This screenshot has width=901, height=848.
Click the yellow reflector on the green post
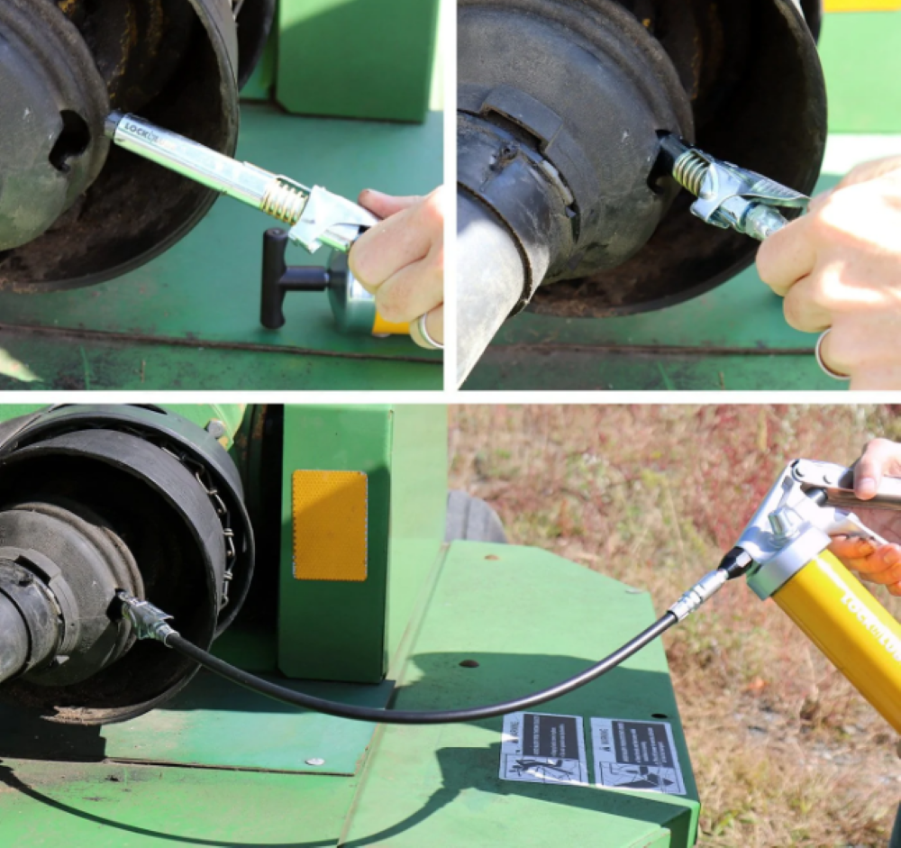point(330,524)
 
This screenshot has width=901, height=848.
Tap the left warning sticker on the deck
point(544,747)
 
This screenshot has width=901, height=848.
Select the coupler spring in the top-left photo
point(284,201)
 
